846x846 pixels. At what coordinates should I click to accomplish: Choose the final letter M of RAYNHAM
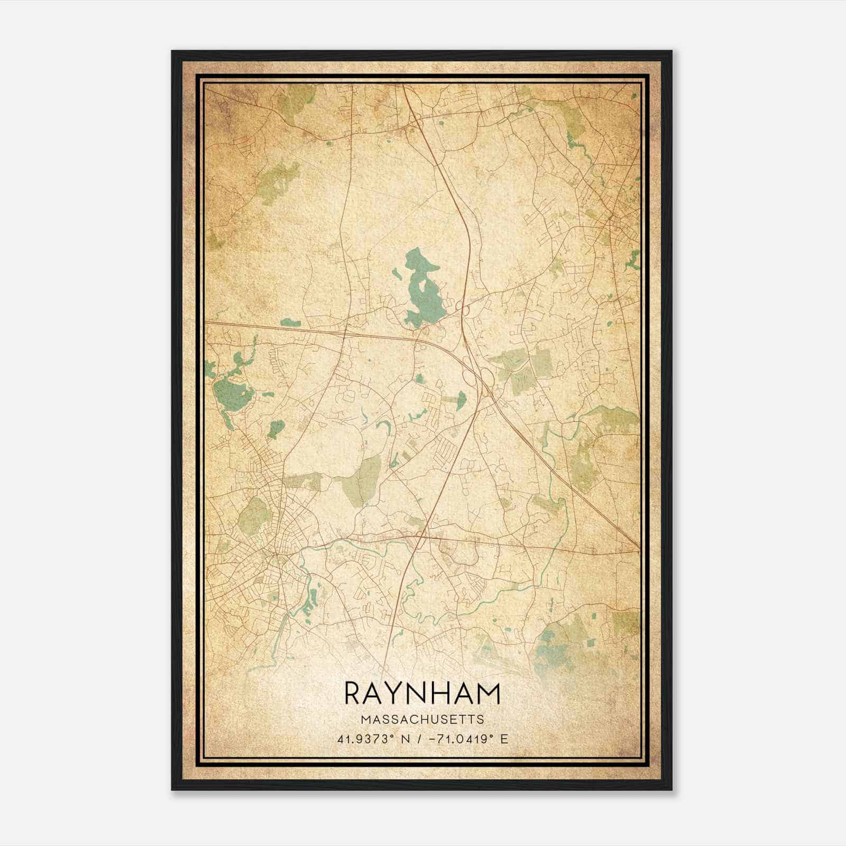coord(487,693)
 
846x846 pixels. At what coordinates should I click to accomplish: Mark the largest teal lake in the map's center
coord(423,296)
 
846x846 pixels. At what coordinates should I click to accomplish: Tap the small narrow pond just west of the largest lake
coord(396,274)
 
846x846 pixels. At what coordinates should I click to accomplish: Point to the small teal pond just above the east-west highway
coord(290,321)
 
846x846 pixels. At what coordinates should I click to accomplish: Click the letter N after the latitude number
coord(406,739)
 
